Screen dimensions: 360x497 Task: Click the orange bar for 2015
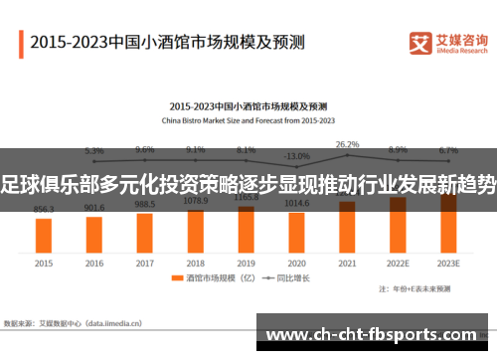(x=44, y=234)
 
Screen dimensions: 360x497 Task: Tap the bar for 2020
(x=296, y=231)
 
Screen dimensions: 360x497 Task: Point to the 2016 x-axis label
(x=94, y=264)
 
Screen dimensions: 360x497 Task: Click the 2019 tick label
(x=247, y=264)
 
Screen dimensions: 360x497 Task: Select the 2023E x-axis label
(x=448, y=264)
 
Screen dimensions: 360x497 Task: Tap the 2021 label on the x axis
(x=347, y=264)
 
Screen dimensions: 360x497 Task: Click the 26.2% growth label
(x=347, y=144)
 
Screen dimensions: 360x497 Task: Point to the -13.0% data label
(x=296, y=156)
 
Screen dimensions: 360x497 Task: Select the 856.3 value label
(x=44, y=209)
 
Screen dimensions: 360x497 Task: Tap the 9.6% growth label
(x=145, y=149)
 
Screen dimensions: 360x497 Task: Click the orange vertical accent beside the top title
(x=21, y=43)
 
